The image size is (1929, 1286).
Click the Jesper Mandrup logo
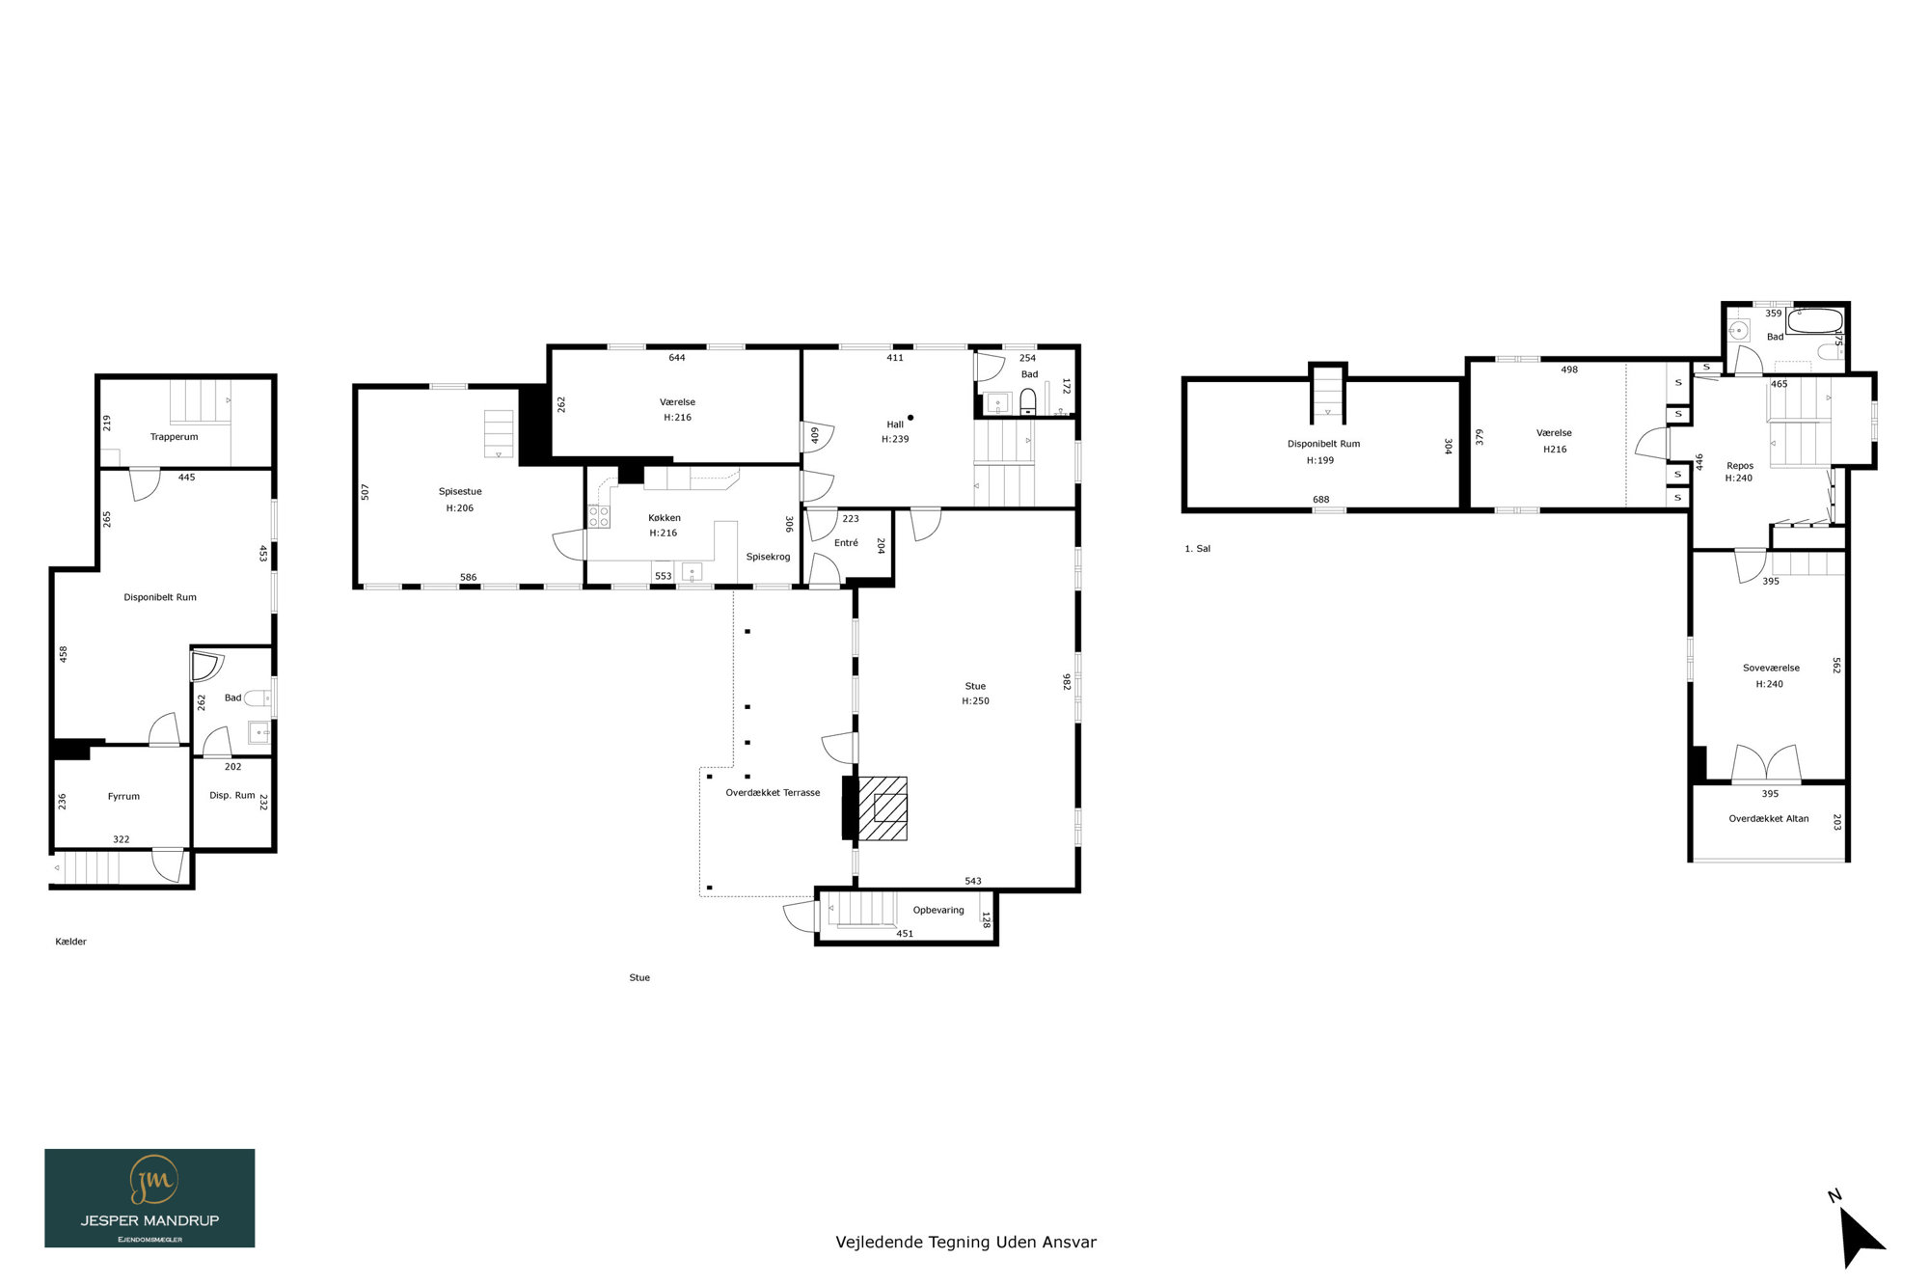point(149,1197)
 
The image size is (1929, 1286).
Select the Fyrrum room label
point(123,797)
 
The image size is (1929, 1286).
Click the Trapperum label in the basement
point(174,437)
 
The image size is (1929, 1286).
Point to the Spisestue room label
point(460,492)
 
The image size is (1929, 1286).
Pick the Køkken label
point(665,518)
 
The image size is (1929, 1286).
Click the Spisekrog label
point(768,557)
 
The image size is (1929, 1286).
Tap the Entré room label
point(846,543)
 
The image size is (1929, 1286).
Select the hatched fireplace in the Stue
point(882,808)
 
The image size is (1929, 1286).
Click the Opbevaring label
point(938,910)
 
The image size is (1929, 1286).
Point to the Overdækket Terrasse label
point(773,793)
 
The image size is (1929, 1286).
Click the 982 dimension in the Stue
point(1067,682)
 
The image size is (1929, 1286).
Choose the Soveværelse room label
point(1771,668)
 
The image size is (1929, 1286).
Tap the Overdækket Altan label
point(1769,819)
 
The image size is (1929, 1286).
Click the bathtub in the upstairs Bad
point(1814,320)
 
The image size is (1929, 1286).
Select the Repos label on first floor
point(1740,466)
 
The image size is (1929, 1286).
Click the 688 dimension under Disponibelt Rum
point(1320,500)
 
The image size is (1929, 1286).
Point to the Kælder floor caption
point(70,942)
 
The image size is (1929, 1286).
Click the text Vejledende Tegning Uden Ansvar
point(965,1243)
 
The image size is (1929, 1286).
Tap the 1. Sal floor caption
point(1197,549)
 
